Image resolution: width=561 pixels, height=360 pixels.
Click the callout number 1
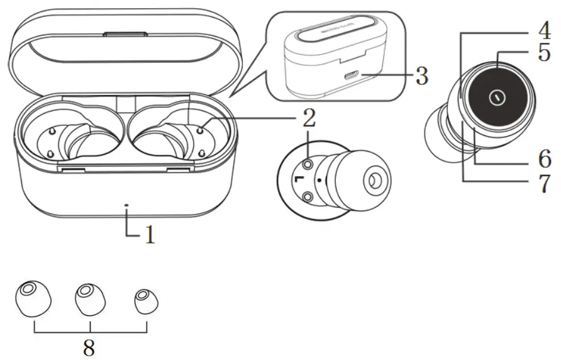[149, 235]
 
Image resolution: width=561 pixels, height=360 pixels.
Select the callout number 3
[421, 77]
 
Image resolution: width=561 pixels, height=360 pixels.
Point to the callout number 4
[542, 30]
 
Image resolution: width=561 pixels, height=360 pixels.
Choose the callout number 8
[89, 346]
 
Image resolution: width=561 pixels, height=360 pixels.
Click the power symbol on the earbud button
[497, 98]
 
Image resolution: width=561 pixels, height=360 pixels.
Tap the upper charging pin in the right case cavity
[200, 130]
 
